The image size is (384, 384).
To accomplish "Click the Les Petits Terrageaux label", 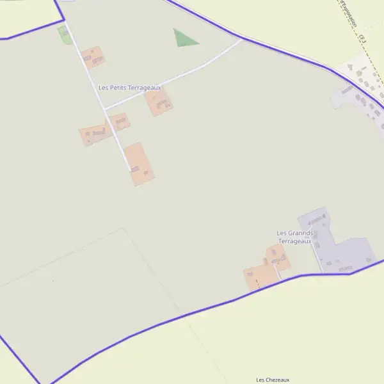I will pyautogui.click(x=130, y=87).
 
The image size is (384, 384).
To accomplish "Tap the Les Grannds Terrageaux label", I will pyautogui.click(x=294, y=237).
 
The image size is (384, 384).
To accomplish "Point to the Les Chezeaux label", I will pyautogui.click(x=273, y=380).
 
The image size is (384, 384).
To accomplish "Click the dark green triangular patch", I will pyautogui.click(x=184, y=39).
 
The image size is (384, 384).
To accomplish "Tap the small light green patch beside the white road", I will pyautogui.click(x=64, y=35).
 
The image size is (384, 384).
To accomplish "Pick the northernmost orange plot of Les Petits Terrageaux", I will pyautogui.click(x=93, y=57).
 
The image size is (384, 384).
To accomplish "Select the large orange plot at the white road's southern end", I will pyautogui.click(x=140, y=164).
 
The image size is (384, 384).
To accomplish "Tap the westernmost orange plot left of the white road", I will pyautogui.click(x=93, y=134).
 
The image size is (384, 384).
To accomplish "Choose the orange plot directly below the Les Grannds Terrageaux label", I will pyautogui.click(x=278, y=257).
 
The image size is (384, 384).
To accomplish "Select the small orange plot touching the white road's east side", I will pyautogui.click(x=120, y=122).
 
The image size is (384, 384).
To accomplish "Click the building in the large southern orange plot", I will pyautogui.click(x=135, y=169).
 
